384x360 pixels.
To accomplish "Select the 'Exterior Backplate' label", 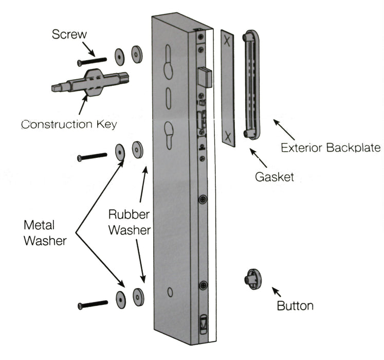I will pos(331,148).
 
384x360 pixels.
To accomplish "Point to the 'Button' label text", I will pos(295,306).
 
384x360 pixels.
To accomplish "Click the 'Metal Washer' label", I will pos(45,232).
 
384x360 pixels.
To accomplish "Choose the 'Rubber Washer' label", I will pos(129,222).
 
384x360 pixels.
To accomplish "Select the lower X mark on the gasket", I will pos(228,136).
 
